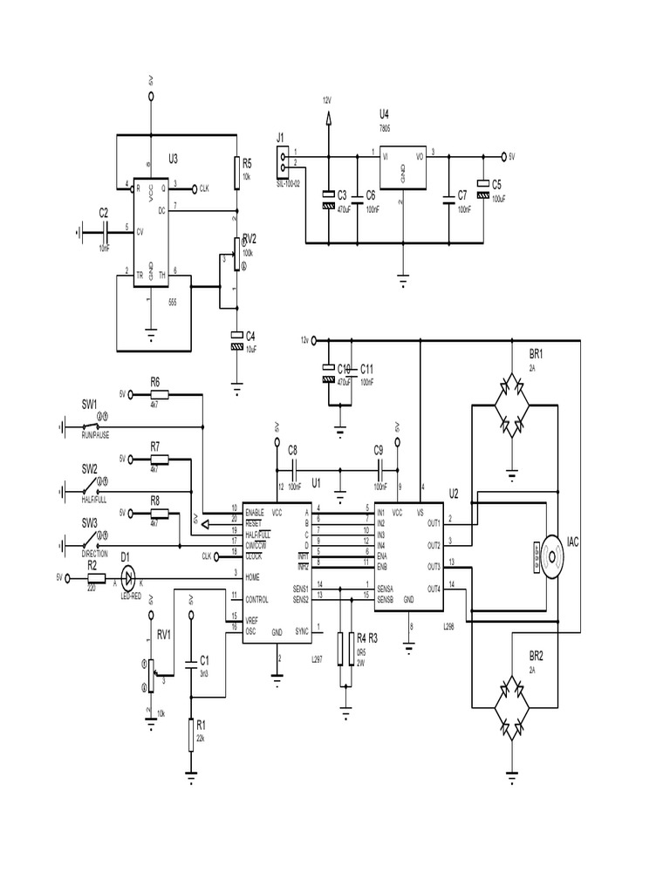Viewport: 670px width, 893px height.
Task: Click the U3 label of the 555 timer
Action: [x=173, y=159]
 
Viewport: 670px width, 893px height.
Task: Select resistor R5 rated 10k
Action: [x=236, y=174]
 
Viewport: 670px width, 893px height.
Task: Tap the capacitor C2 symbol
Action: [x=104, y=231]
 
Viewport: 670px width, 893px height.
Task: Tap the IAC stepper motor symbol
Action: [x=552, y=556]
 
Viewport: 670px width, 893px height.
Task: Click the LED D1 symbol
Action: [x=127, y=576]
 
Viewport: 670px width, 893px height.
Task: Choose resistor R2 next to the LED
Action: [x=92, y=576]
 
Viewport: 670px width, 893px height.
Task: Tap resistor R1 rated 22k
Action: [x=190, y=734]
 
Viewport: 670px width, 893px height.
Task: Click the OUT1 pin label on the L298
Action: [x=434, y=523]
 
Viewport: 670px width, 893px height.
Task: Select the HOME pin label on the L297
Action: [x=253, y=576]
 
